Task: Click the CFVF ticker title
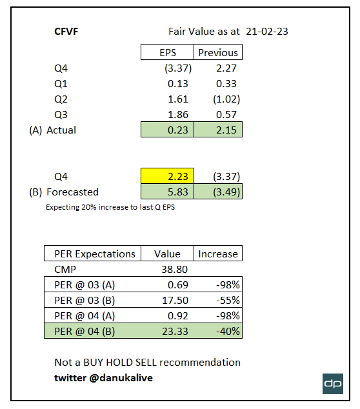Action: (x=68, y=31)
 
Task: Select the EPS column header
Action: (x=168, y=52)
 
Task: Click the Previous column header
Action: (x=218, y=52)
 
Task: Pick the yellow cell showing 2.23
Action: (x=168, y=176)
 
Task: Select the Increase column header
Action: (x=218, y=254)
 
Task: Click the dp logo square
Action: (x=333, y=383)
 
